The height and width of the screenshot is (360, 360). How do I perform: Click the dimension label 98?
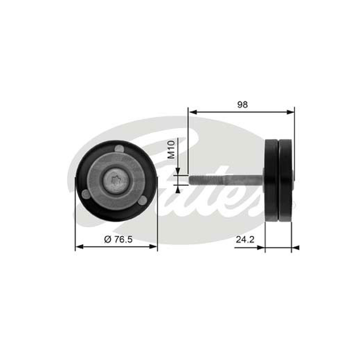(x=243, y=105)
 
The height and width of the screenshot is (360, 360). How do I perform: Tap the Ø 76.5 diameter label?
(x=118, y=239)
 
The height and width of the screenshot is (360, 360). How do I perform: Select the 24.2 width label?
(x=245, y=239)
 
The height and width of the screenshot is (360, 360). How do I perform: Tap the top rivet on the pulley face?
(x=119, y=148)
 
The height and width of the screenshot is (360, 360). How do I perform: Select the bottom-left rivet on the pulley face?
(x=86, y=194)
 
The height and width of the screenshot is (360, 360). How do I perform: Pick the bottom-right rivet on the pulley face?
(x=143, y=201)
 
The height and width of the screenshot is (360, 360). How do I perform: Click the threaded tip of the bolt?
(x=206, y=180)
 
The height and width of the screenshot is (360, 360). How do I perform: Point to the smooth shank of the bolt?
(x=243, y=180)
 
